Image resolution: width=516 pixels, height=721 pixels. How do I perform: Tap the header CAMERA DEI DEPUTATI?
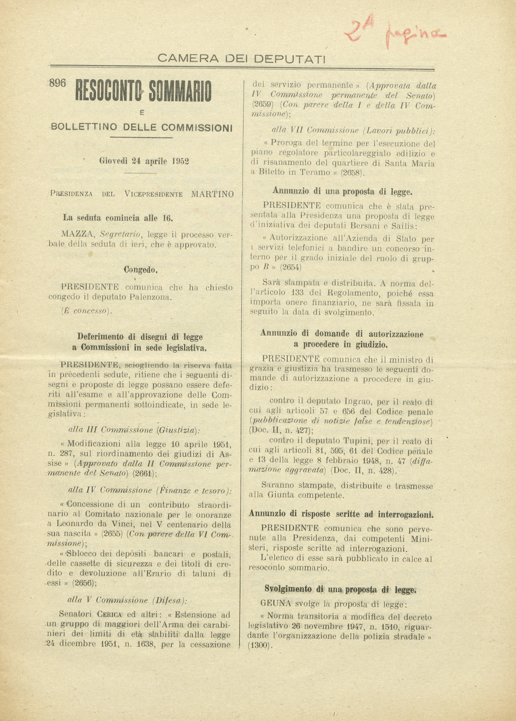(241, 58)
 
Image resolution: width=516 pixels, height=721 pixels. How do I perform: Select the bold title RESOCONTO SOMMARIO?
(143, 92)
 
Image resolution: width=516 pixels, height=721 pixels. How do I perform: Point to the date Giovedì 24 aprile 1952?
(144, 161)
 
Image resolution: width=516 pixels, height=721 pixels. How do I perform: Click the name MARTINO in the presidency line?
(213, 194)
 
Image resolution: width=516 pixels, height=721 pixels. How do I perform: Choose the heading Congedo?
(140, 269)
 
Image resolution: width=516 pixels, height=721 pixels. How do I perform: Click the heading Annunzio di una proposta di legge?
(342, 191)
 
